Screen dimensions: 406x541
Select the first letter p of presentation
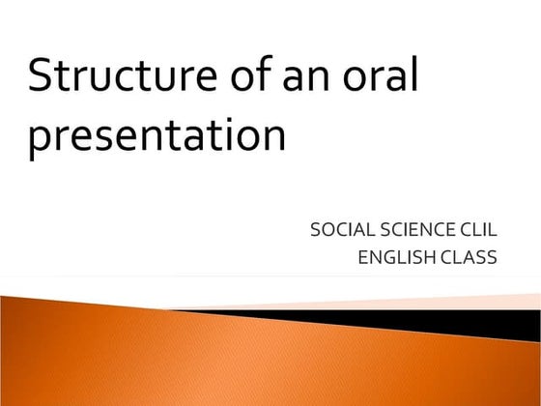point(40,141)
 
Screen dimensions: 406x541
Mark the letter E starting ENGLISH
point(362,257)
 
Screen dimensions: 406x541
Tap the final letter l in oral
point(413,75)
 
